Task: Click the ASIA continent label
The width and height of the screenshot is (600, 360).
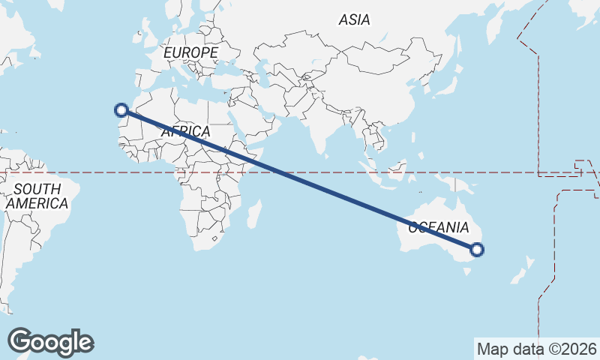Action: point(354,20)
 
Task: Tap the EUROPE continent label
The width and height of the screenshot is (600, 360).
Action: point(190,52)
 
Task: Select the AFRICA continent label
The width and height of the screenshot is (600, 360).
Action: point(185,131)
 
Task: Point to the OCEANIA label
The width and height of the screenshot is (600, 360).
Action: point(439,227)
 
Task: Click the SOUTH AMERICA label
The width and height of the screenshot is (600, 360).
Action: point(37,196)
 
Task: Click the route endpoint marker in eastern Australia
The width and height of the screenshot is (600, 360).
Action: point(477,250)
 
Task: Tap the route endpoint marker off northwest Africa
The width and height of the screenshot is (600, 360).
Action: point(121,110)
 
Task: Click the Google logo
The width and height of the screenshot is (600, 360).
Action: point(50,342)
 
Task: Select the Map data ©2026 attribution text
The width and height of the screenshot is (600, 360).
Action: point(537,349)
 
